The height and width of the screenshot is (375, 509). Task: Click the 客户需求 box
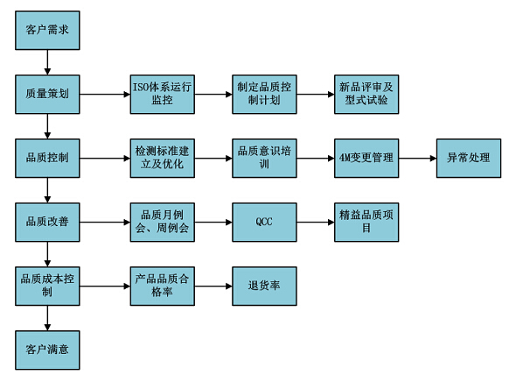coord(47,31)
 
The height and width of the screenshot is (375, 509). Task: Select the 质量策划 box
coord(47,95)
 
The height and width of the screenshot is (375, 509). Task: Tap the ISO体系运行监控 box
coord(163,95)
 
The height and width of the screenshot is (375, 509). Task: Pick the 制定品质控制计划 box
coord(264,95)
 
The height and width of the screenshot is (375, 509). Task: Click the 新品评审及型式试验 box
coord(366,95)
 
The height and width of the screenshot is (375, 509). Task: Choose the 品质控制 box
coord(47,159)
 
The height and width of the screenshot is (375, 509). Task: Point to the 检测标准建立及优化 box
coord(163,159)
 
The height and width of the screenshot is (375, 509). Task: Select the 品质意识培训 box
coord(264,159)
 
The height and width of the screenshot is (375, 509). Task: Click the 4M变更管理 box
coord(366,159)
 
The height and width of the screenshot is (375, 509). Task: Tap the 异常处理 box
coord(469,159)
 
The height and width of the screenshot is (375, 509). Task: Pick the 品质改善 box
coord(47,223)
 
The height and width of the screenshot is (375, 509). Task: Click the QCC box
coord(264,223)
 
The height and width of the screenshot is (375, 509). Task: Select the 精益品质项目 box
coord(366,223)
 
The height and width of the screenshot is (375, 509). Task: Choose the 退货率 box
coord(264,287)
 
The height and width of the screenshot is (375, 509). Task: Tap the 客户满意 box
coord(47,350)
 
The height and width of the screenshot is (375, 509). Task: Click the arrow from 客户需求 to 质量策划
coord(47,62)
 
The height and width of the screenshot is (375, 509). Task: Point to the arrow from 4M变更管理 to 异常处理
coord(418,159)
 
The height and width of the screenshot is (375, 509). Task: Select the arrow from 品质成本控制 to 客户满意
coord(47,318)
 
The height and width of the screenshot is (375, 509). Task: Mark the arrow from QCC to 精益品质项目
coord(316,223)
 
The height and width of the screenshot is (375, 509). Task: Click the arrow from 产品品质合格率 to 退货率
coord(213,287)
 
